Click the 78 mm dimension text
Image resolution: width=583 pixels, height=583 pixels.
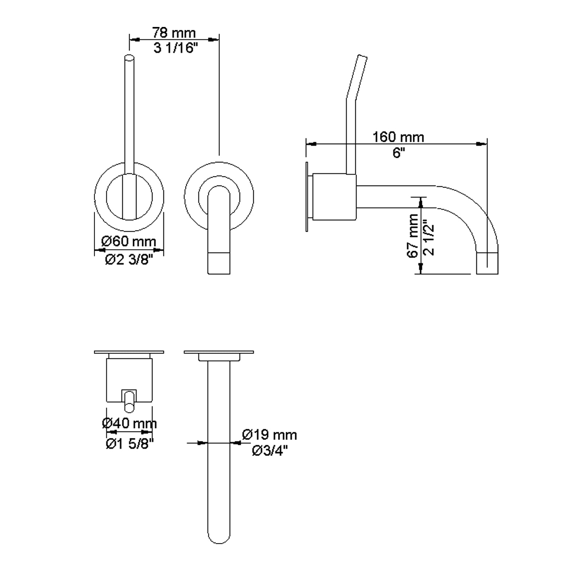(174, 33)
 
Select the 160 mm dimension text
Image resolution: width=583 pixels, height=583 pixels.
(398, 137)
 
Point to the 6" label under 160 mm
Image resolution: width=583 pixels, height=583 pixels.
(399, 153)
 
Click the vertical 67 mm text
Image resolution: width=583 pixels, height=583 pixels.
(413, 236)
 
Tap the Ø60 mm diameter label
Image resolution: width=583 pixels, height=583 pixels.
(129, 241)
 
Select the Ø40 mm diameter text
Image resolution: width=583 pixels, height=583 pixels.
(129, 423)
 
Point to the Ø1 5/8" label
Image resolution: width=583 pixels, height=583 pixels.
(129, 443)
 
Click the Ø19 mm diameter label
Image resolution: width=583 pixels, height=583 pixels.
(270, 435)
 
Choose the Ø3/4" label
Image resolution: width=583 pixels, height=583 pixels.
(270, 451)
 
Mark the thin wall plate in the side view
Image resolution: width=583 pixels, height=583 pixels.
(307, 197)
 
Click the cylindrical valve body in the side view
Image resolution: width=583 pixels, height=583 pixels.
(334, 197)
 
